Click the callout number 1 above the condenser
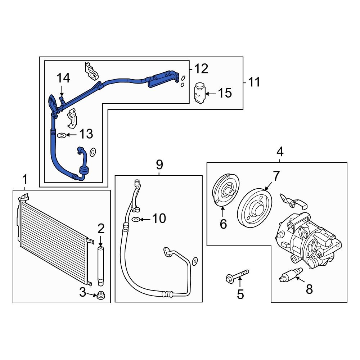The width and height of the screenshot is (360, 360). [x=24, y=179]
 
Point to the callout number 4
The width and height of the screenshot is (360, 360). [x=280, y=152]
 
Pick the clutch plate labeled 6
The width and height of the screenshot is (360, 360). [x=222, y=190]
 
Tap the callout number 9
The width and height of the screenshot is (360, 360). [x=159, y=165]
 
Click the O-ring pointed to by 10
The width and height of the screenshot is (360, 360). [x=136, y=219]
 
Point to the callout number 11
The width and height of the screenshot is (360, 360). [x=254, y=82]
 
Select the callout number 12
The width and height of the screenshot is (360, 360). [x=201, y=68]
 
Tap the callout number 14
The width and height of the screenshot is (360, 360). [x=63, y=78]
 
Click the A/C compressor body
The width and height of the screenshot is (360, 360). [x=308, y=241]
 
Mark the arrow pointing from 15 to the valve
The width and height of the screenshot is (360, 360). [x=211, y=94]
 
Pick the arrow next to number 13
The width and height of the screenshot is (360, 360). [x=72, y=135]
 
